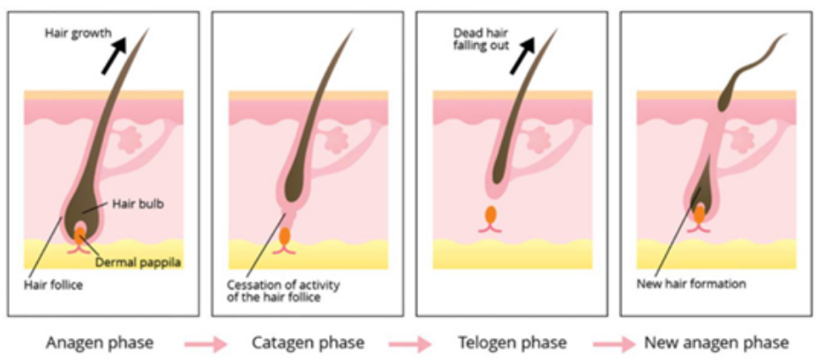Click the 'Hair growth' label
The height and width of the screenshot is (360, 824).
click(79, 34)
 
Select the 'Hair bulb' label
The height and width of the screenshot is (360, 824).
click(134, 204)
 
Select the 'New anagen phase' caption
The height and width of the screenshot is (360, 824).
click(716, 341)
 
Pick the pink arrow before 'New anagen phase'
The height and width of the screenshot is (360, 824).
click(612, 342)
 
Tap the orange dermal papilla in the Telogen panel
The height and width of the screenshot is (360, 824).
click(491, 214)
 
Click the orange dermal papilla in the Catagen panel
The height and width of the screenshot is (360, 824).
click(284, 236)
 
